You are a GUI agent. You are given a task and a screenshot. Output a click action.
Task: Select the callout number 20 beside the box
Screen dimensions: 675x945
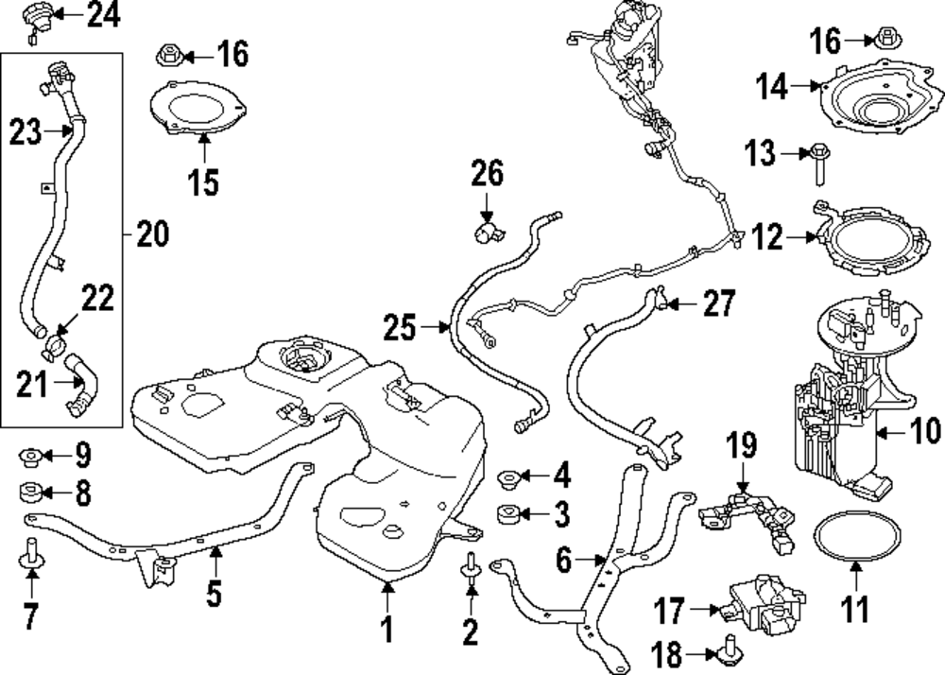click(x=151, y=232)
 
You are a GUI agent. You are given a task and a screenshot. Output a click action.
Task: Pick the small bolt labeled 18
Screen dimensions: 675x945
click(x=729, y=650)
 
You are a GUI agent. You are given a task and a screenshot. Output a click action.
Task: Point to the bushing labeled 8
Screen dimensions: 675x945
click(x=30, y=492)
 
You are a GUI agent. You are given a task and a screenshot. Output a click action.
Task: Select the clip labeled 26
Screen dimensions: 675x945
click(x=488, y=231)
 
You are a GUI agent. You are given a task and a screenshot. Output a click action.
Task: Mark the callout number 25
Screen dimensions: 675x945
click(x=400, y=328)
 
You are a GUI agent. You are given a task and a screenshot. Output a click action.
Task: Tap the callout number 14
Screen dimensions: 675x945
click(x=771, y=87)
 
